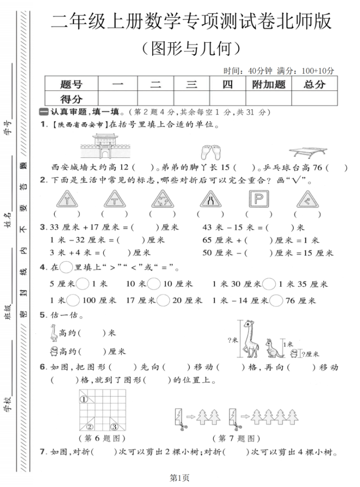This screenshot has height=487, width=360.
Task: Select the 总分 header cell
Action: pyautogui.click(x=314, y=84)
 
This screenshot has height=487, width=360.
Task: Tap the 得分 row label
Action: pyautogui.click(x=71, y=98)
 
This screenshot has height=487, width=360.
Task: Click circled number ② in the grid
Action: pyautogui.click(x=90, y=426)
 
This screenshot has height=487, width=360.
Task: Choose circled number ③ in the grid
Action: pyautogui.click(x=115, y=426)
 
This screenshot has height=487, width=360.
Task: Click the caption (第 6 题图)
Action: pyautogui.click(x=101, y=438)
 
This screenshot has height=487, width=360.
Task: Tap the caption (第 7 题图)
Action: pyautogui.click(x=236, y=438)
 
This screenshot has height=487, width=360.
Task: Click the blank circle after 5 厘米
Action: pyautogui.click(x=83, y=284)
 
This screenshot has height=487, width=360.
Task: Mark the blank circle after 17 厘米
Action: pyautogui.click(x=163, y=301)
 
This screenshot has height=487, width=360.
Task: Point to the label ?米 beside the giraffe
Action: pyautogui.click(x=233, y=340)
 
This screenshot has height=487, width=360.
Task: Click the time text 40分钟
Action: pyautogui.click(x=260, y=71)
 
